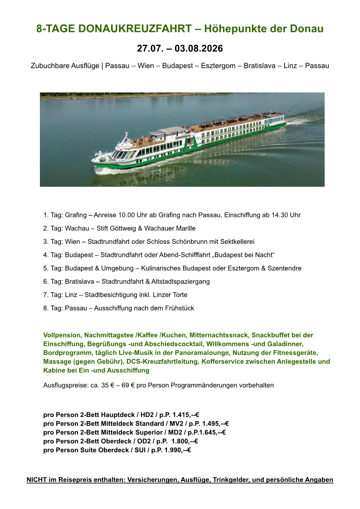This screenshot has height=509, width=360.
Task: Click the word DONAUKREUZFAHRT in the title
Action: point(135,29)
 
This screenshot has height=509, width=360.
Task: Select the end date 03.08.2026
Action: point(199,48)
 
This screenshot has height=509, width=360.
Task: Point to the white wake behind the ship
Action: point(299,121)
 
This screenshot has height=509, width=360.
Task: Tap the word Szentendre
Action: point(284,268)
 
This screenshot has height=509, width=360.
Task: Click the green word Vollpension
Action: point(63,335)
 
